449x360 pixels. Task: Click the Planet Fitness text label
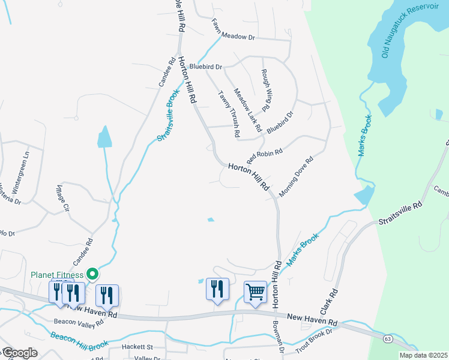[x=58, y=275]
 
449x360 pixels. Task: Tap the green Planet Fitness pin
[x=92, y=274]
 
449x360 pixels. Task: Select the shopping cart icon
[x=255, y=293]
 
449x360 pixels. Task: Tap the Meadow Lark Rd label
[x=247, y=110]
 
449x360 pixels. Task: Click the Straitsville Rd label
[x=400, y=213]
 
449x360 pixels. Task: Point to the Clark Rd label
[x=329, y=302]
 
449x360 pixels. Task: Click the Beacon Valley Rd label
[x=79, y=322]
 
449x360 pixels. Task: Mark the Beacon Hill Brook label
[x=79, y=341]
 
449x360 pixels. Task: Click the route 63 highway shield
[x=388, y=340]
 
